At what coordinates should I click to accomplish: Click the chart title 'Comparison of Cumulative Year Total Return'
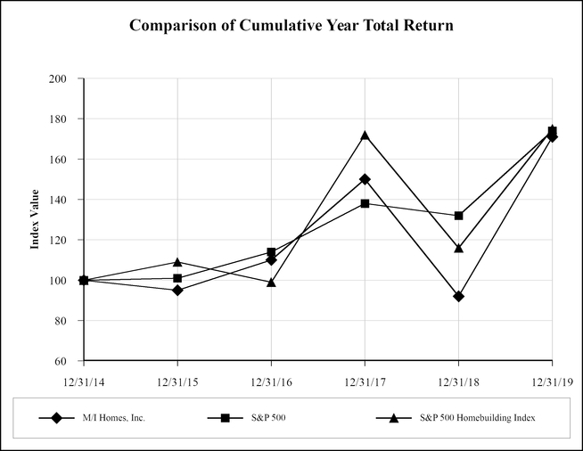pyautogui.click(x=291, y=25)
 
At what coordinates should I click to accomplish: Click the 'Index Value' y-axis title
pyautogui.click(x=36, y=219)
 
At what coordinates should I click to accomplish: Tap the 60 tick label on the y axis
pyautogui.click(x=62, y=361)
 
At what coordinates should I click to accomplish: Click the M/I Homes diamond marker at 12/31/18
pyautogui.click(x=458, y=296)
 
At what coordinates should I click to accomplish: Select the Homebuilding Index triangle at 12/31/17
pyautogui.click(x=365, y=135)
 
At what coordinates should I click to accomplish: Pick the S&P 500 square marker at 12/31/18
pyautogui.click(x=458, y=216)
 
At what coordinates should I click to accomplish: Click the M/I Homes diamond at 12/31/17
pyautogui.click(x=365, y=179)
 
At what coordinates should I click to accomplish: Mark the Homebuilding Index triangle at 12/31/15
pyautogui.click(x=177, y=262)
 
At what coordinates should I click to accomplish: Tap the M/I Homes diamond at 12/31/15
pyautogui.click(x=177, y=291)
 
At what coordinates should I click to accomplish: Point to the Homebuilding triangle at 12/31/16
pyautogui.click(x=271, y=283)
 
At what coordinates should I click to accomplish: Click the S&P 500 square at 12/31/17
pyautogui.click(x=365, y=204)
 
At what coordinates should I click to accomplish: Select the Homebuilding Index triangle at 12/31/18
pyautogui.click(x=458, y=248)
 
